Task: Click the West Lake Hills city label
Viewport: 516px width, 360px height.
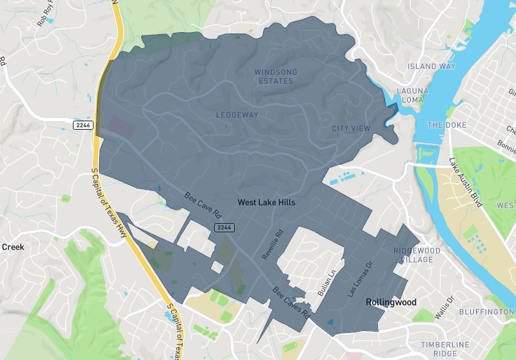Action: point(266,202)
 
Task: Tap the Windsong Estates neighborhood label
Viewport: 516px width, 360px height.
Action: point(273,76)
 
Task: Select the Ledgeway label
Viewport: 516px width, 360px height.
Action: point(237,115)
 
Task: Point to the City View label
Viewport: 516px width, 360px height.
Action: point(351,128)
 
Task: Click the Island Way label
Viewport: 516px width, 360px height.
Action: point(432,66)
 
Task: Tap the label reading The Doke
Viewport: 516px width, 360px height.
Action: point(444,125)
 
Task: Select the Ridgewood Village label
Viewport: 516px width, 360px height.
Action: point(417,254)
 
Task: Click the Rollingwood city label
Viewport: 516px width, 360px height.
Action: point(392,302)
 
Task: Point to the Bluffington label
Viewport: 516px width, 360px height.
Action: point(486,312)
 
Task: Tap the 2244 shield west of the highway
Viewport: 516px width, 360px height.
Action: point(83,125)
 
